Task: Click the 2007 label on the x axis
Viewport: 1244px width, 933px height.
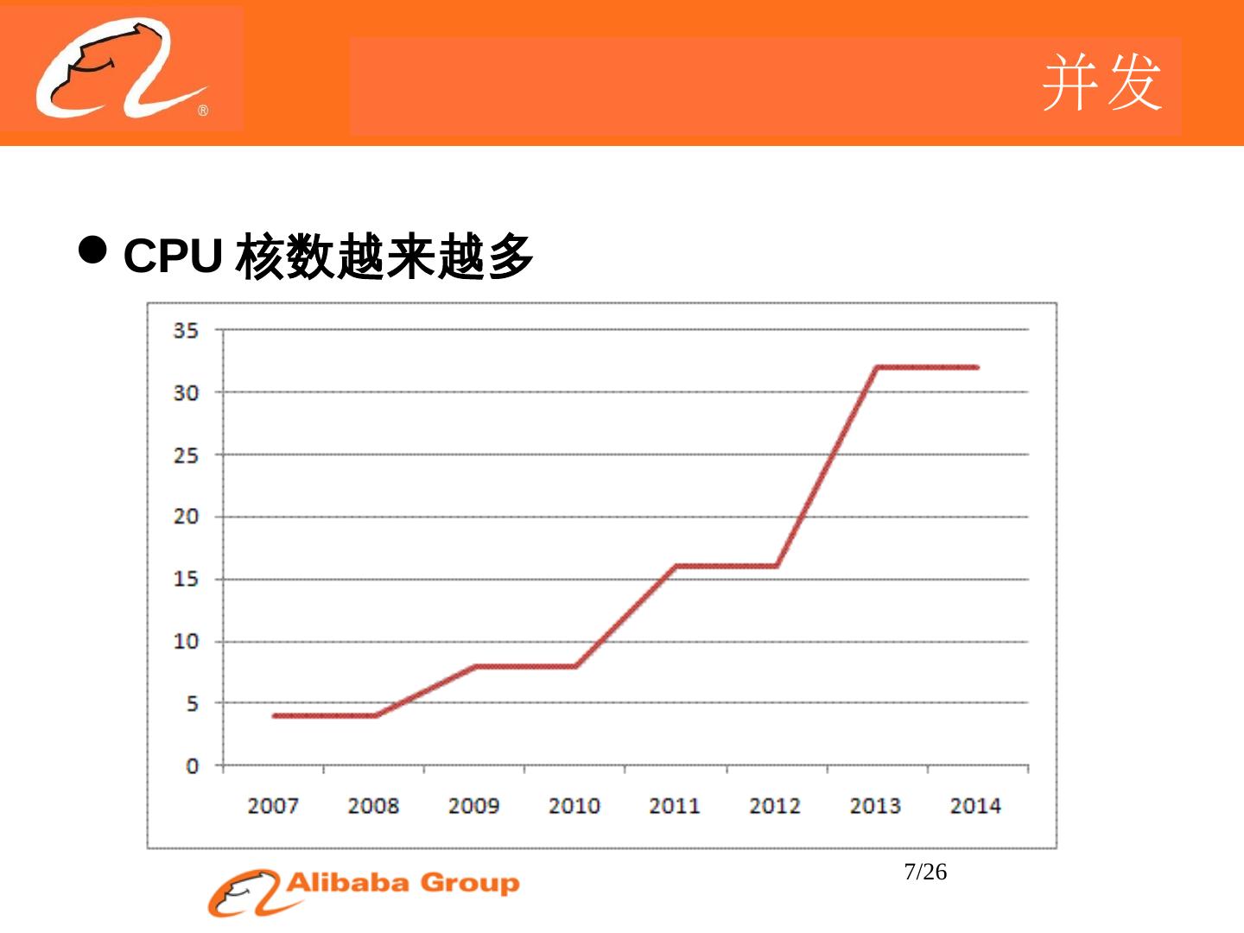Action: pyautogui.click(x=273, y=806)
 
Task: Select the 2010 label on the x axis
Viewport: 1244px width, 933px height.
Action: pyautogui.click(x=574, y=806)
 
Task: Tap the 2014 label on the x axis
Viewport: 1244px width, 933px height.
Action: pyautogui.click(x=975, y=806)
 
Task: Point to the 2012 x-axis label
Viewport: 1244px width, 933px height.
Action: pyautogui.click(x=775, y=806)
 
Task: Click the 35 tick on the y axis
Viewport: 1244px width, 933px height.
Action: pyautogui.click(x=186, y=330)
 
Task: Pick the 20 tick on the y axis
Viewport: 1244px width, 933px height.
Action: pyautogui.click(x=186, y=517)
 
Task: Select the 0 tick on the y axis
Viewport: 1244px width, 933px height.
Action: pyautogui.click(x=192, y=766)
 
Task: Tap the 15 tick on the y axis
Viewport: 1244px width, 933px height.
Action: pyautogui.click(x=186, y=579)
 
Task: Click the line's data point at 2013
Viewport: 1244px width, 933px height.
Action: pyautogui.click(x=876, y=367)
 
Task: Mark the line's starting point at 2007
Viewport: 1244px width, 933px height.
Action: pyautogui.click(x=274, y=716)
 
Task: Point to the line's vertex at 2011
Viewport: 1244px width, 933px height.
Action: pyautogui.click(x=676, y=567)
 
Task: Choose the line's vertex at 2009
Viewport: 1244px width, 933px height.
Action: pyautogui.click(x=474, y=667)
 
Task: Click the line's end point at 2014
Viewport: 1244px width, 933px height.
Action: pyautogui.click(x=976, y=367)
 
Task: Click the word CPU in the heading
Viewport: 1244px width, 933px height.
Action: pyautogui.click(x=173, y=256)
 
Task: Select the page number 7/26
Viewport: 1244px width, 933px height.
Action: pyautogui.click(x=925, y=873)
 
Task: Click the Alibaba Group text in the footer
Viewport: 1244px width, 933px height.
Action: pyautogui.click(x=403, y=883)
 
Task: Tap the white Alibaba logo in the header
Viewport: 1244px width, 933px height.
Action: pyautogui.click(x=121, y=69)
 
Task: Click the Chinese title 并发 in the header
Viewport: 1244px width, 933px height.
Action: pyautogui.click(x=1101, y=82)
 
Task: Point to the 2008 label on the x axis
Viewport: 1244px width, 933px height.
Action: pyautogui.click(x=373, y=806)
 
